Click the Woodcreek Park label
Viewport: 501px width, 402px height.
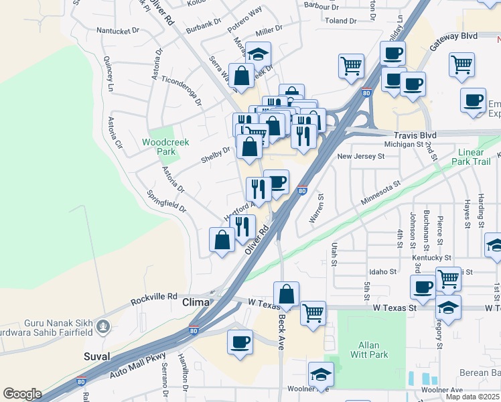[165, 147]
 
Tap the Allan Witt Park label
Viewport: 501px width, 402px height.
[369, 350]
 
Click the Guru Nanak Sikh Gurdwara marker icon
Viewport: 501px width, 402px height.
[102, 327]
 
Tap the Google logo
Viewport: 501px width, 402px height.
[22, 394]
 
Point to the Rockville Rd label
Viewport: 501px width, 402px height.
[154, 296]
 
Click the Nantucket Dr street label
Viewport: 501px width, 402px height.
[118, 30]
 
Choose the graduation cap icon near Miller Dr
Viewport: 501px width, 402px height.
[257, 54]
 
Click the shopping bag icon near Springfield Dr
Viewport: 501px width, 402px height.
[222, 239]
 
